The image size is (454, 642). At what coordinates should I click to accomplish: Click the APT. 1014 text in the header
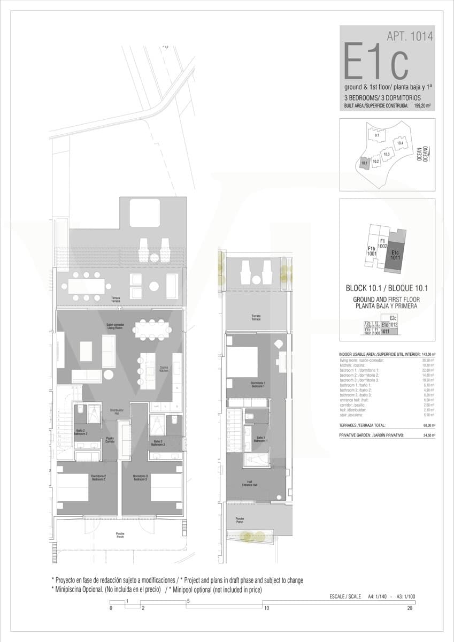click(x=410, y=36)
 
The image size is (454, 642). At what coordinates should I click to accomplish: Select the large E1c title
click(x=376, y=62)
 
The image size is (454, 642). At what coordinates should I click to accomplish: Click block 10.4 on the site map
click(x=399, y=143)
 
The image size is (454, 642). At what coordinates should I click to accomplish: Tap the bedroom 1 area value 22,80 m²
click(x=428, y=370)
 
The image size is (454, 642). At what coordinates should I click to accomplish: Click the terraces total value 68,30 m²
click(x=428, y=425)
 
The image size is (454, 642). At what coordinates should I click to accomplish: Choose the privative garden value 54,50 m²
click(x=428, y=436)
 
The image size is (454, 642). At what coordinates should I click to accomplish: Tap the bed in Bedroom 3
click(x=166, y=487)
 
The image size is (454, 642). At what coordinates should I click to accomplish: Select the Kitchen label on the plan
click(x=164, y=369)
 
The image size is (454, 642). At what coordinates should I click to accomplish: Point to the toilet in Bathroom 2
click(x=79, y=410)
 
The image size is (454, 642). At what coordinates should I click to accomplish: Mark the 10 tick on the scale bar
click(x=266, y=608)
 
